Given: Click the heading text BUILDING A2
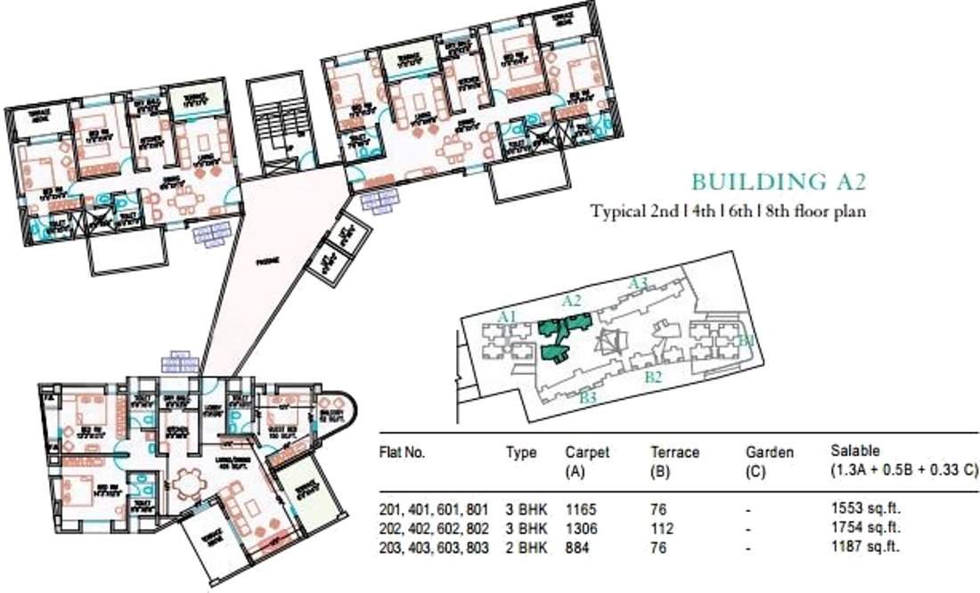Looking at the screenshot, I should tap(779, 182).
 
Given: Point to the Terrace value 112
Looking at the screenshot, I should tap(662, 529).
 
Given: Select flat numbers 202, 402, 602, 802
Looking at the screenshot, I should tap(434, 529).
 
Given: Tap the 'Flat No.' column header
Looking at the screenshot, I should tap(403, 452).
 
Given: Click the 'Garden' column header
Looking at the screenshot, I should tap(769, 452).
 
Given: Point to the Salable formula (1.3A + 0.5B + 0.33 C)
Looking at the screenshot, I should tap(904, 469).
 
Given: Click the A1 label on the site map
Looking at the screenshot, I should tap(508, 316).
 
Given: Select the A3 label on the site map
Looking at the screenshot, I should tap(638, 282).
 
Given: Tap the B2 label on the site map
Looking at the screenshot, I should tap(653, 378).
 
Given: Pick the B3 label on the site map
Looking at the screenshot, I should tap(587, 397).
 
